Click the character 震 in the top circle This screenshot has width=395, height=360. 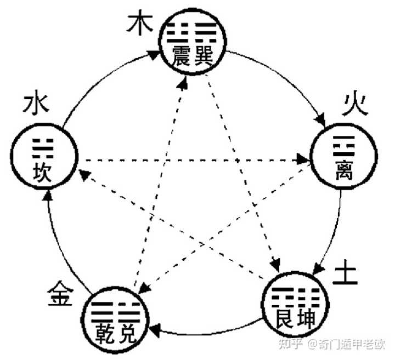pyautogui.click(x=180, y=55)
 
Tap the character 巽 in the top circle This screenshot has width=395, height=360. pyautogui.click(x=202, y=55)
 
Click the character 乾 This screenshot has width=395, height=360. pyautogui.click(x=104, y=332)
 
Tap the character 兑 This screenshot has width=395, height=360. pyautogui.click(x=127, y=332)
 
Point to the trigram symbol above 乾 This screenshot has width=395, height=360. pyautogui.click(x=101, y=311)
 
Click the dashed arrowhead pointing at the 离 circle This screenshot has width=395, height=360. pyautogui.click(x=304, y=159)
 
